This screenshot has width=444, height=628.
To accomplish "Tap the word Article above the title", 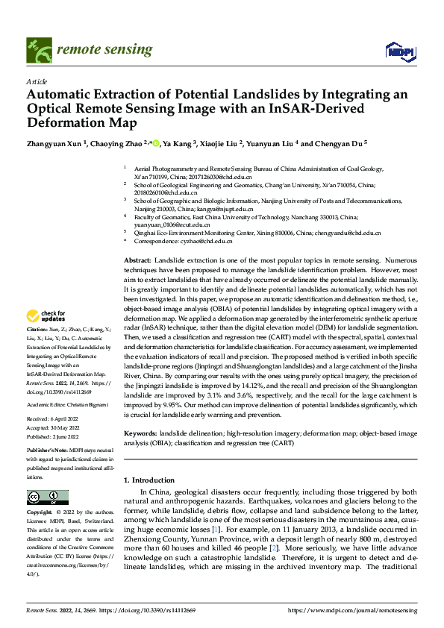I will coord(37,81).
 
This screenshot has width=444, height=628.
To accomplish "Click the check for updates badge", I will coord(46,316).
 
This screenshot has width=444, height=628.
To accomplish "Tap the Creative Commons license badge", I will coord(47,497).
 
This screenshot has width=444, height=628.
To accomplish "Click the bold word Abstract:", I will coord(139,257).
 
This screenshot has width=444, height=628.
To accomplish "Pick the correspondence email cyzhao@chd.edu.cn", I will coord(207,242).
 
